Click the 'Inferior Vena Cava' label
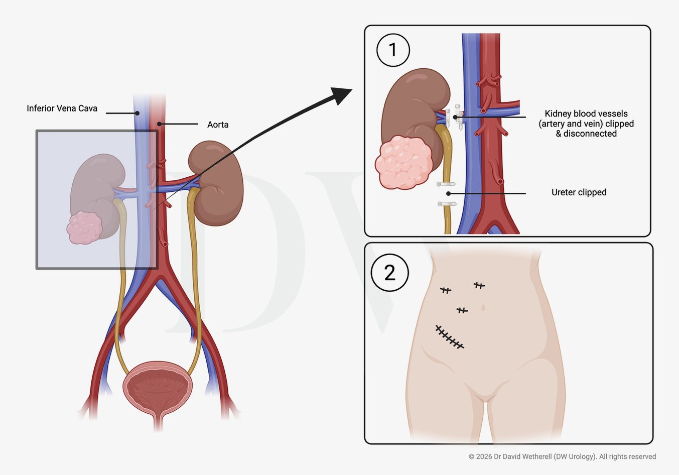pos(62,108)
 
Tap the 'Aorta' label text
pos(218,125)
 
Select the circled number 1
pos(393,50)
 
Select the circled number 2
pos(389,273)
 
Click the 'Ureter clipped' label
pos(579,192)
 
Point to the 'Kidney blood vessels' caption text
pos(586,114)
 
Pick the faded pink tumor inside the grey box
pos(85,228)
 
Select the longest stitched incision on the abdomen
pos(450,337)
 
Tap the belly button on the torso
pos(483,307)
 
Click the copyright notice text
pos(562,456)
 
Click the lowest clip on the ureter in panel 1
pos(447,204)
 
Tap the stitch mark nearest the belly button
pos(462,311)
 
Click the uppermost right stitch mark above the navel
pos(479,286)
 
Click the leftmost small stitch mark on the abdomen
pos(445,290)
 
